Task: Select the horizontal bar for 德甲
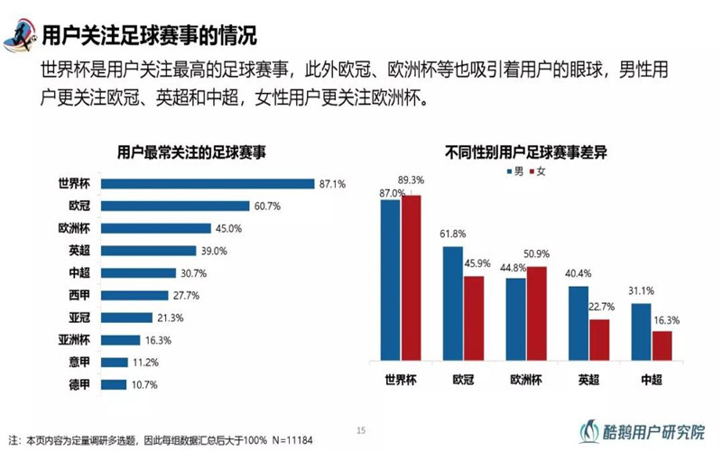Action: pyautogui.click(x=114, y=384)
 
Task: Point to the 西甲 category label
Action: pyautogui.click(x=79, y=295)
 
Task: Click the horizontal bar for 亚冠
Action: pyautogui.click(x=126, y=318)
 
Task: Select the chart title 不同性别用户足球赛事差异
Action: pyautogui.click(x=525, y=152)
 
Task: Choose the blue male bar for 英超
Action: pyautogui.click(x=578, y=323)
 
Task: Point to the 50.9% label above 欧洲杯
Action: pyautogui.click(x=536, y=253)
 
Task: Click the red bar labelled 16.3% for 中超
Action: pyautogui.click(x=662, y=345)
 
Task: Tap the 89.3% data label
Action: pyautogui.click(x=412, y=180)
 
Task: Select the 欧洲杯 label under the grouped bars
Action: pyautogui.click(x=526, y=379)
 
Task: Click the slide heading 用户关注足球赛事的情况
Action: pyautogui.click(x=150, y=35)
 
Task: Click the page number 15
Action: pyautogui.click(x=361, y=429)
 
